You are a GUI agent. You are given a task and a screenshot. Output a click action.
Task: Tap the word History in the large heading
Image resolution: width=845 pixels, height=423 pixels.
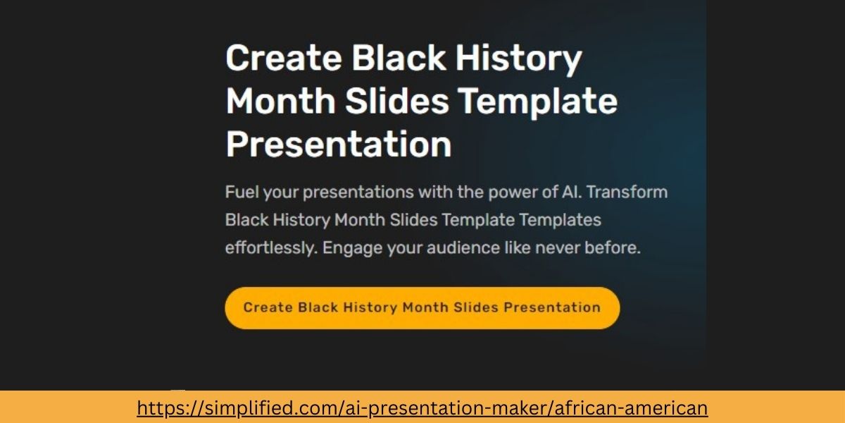point(518,59)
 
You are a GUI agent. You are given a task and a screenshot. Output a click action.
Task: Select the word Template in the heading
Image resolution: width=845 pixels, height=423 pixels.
point(538,102)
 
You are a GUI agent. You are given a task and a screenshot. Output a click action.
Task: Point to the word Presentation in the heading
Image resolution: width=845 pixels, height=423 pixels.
point(339,145)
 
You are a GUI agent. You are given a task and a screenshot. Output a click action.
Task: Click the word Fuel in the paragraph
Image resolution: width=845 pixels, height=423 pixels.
point(240,192)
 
